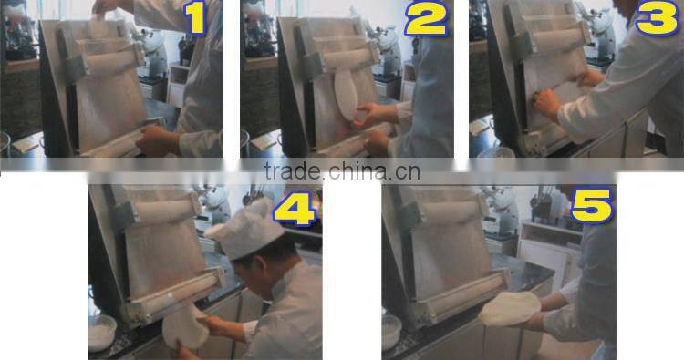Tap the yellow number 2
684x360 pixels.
coord(427,18)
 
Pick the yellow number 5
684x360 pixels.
coord(590,207)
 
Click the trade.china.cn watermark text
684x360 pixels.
coord(341,170)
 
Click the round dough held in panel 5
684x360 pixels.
coord(510,308)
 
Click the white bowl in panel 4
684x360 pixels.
coord(101,333)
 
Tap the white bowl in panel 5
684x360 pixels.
coord(392,332)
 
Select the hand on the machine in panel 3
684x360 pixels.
coord(546,103)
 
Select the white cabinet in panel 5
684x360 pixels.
coord(547,246)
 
